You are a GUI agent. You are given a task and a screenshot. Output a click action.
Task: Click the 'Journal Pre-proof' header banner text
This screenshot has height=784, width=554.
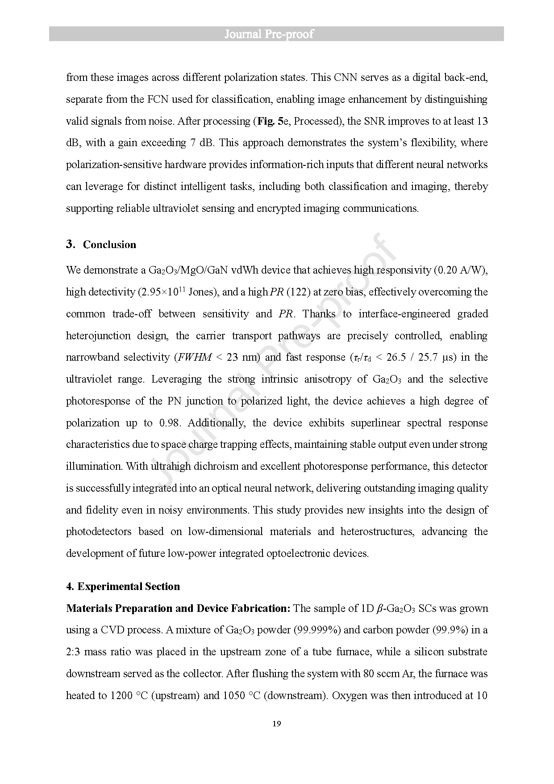269,34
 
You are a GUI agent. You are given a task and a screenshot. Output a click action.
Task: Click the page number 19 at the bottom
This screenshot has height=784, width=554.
276,724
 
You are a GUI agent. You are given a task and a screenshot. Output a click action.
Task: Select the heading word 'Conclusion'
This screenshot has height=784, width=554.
109,245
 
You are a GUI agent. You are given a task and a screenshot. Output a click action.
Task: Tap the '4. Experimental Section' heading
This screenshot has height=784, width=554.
123,586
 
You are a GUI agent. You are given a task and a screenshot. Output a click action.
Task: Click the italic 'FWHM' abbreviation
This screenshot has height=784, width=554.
194,357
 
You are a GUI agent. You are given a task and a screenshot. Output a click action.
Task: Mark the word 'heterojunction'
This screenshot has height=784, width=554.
98,336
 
